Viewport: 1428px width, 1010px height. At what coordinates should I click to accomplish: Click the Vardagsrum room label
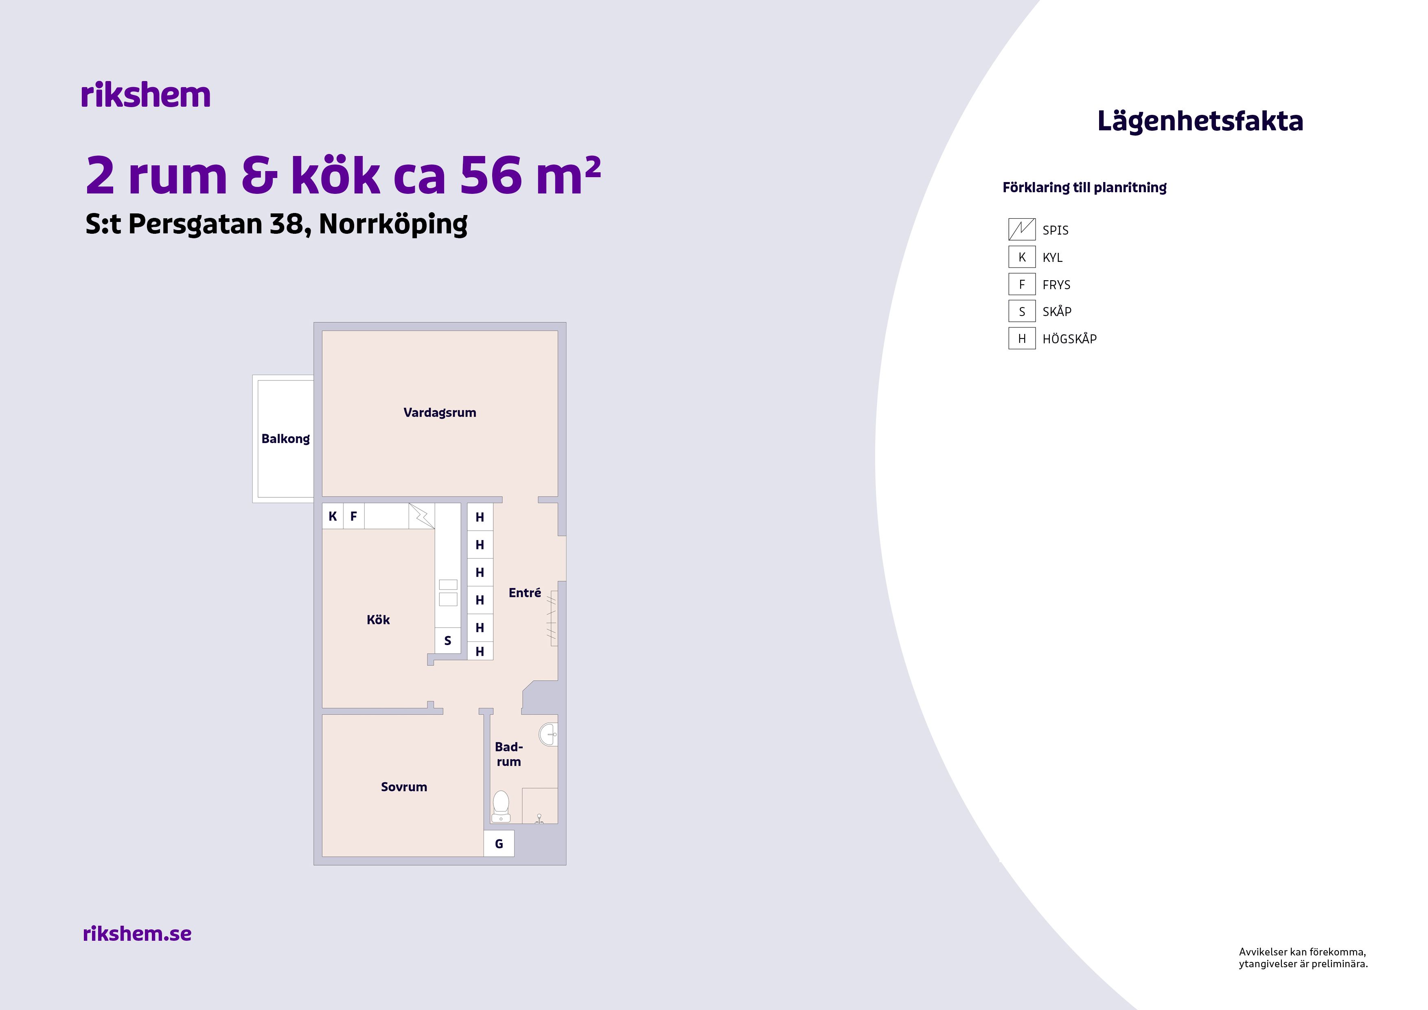(440, 413)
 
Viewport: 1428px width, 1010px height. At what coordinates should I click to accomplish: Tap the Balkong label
(285, 439)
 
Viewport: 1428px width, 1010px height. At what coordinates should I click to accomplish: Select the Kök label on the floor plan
(378, 620)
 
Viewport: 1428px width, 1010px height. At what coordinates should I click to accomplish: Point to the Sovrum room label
(404, 786)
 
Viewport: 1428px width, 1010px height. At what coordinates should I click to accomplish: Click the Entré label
(524, 593)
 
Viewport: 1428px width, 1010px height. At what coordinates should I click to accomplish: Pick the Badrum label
(509, 753)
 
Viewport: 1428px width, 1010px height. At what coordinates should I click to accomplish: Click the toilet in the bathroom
(501, 806)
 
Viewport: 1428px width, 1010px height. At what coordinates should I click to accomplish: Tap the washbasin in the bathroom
(549, 734)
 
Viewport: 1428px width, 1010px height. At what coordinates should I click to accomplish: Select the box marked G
(499, 843)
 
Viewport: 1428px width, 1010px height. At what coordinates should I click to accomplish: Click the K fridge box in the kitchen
(333, 516)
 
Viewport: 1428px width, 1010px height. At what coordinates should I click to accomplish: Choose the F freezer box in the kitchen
(354, 516)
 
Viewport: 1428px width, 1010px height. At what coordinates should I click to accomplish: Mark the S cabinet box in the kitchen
(448, 640)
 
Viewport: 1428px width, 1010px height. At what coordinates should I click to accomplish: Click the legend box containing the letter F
(1022, 284)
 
